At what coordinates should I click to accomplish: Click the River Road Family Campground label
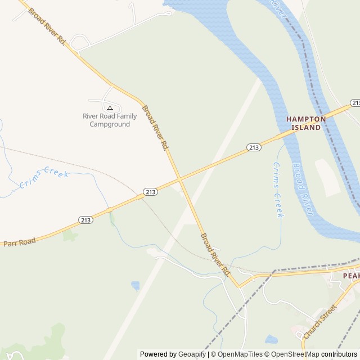click(x=110, y=120)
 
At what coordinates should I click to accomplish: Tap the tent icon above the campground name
click(x=110, y=107)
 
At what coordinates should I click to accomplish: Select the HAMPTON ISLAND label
click(x=306, y=123)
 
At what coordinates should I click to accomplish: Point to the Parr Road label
click(x=20, y=242)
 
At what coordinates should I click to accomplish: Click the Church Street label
click(x=319, y=322)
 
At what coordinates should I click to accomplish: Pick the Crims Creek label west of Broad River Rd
click(x=44, y=179)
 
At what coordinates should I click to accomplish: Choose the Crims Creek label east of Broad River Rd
click(x=278, y=190)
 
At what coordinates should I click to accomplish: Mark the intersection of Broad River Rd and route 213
click(x=180, y=179)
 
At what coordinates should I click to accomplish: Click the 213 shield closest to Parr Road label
click(x=86, y=220)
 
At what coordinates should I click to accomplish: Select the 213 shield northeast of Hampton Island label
click(x=355, y=103)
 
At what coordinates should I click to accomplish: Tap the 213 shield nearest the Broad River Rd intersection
click(x=150, y=192)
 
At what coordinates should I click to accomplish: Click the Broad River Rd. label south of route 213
click(x=215, y=254)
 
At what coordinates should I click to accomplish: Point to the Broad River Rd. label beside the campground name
click(x=155, y=128)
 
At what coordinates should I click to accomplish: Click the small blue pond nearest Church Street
click(x=271, y=339)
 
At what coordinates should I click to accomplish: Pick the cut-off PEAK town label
click(x=352, y=276)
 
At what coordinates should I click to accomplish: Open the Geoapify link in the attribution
click(x=192, y=354)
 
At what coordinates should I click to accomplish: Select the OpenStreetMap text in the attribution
click(x=292, y=354)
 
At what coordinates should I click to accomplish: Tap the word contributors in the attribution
click(x=339, y=354)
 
